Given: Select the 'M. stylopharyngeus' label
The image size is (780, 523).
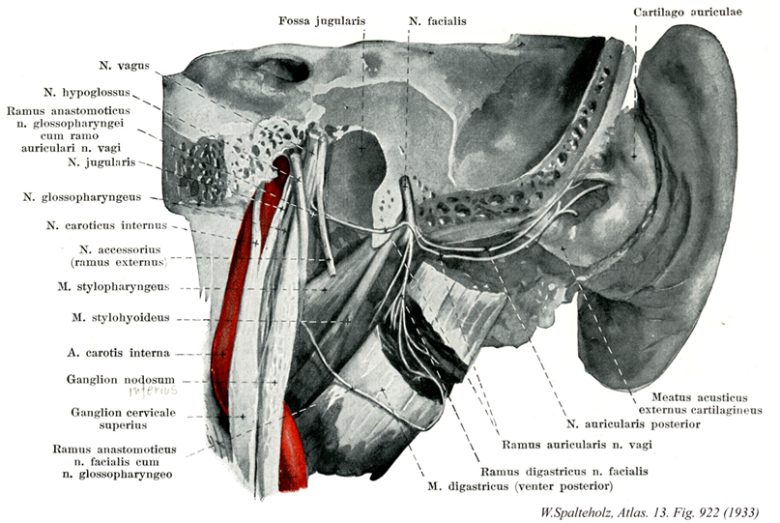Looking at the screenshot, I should pyautogui.click(x=114, y=287).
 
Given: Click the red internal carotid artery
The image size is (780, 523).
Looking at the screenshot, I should pyautogui.click(x=232, y=290).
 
